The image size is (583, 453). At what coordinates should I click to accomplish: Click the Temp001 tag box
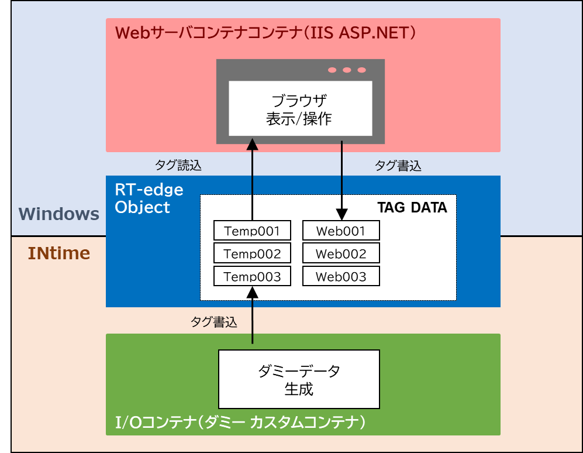(x=252, y=230)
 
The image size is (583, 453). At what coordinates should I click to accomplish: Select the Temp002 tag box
(x=252, y=253)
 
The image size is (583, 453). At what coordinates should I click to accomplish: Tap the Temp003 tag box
(x=252, y=276)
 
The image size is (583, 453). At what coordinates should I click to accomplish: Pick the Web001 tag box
(x=341, y=230)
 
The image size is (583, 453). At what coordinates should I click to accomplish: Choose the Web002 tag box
(x=341, y=253)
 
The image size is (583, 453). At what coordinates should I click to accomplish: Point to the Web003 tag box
(x=341, y=276)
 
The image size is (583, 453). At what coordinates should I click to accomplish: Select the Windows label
(x=58, y=214)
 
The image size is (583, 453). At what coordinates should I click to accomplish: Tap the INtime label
(x=59, y=253)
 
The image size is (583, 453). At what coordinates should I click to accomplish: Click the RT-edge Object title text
(x=149, y=198)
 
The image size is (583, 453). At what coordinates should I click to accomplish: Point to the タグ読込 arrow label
(x=178, y=166)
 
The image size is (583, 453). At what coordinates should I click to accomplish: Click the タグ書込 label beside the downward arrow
(x=398, y=166)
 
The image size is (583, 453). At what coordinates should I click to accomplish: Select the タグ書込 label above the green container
(x=213, y=322)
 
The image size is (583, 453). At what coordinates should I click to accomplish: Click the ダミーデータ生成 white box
(x=299, y=379)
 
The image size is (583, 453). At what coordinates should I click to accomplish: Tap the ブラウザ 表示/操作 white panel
(x=300, y=108)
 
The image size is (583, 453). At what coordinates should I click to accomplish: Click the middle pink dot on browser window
(x=347, y=70)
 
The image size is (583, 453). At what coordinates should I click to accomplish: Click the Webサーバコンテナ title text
(x=266, y=32)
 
